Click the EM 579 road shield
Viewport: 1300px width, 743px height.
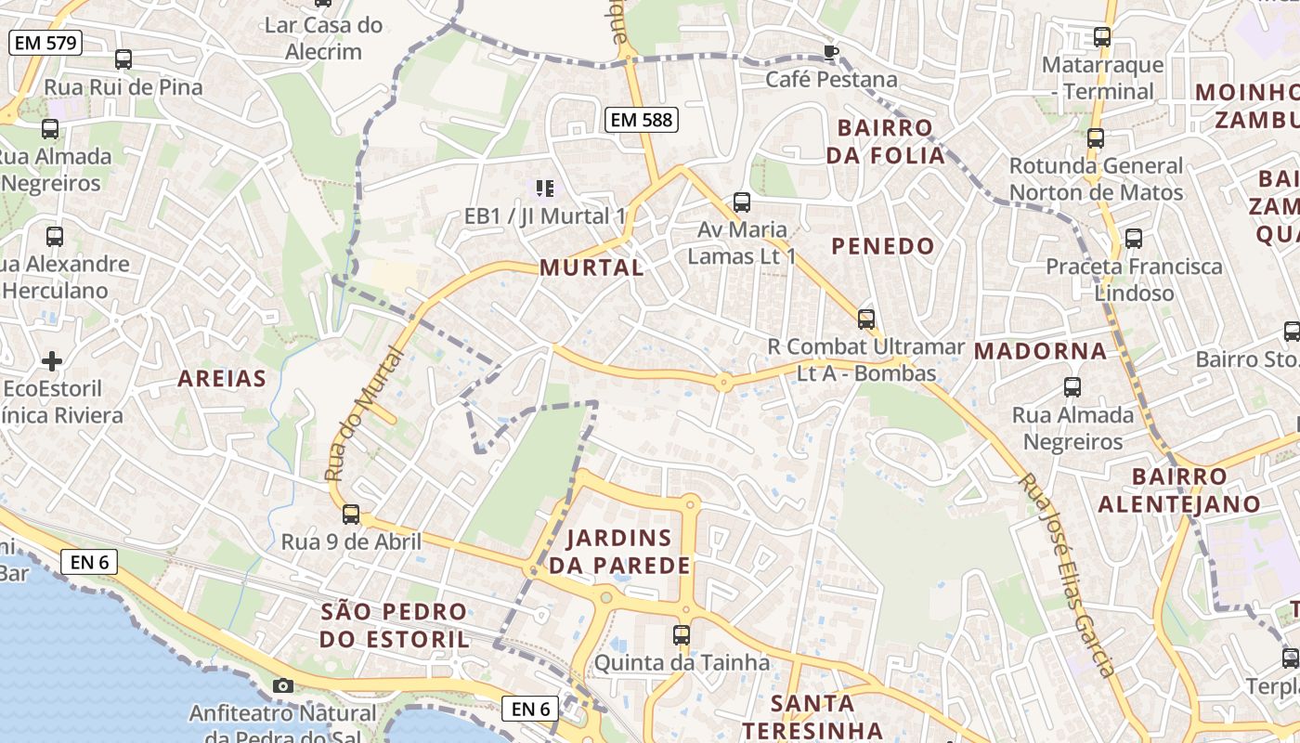tap(45, 43)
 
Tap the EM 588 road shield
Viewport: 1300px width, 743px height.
tap(641, 119)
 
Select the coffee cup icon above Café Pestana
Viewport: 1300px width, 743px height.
tap(831, 51)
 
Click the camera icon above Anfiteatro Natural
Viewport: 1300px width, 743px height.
tap(283, 685)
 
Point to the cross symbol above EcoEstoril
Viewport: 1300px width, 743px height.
tap(52, 360)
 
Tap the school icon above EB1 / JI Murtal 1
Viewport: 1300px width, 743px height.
tap(545, 189)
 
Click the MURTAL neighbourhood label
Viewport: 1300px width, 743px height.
tap(591, 267)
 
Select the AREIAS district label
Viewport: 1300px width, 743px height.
tap(222, 378)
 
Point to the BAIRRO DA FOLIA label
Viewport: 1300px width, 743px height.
tap(886, 141)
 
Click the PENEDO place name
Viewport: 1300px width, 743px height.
tap(883, 246)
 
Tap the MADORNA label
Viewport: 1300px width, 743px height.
tap(1041, 351)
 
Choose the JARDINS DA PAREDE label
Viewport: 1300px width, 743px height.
tap(619, 552)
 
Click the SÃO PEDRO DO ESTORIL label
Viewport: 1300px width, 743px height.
tap(395, 625)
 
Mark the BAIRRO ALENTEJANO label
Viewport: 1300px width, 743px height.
tap(1179, 490)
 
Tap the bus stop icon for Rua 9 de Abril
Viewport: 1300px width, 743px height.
tap(351, 514)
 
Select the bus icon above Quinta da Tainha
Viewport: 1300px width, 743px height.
tap(682, 635)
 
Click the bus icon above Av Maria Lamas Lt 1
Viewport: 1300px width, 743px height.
tap(741, 202)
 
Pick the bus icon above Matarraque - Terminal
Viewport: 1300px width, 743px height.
tap(1102, 37)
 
